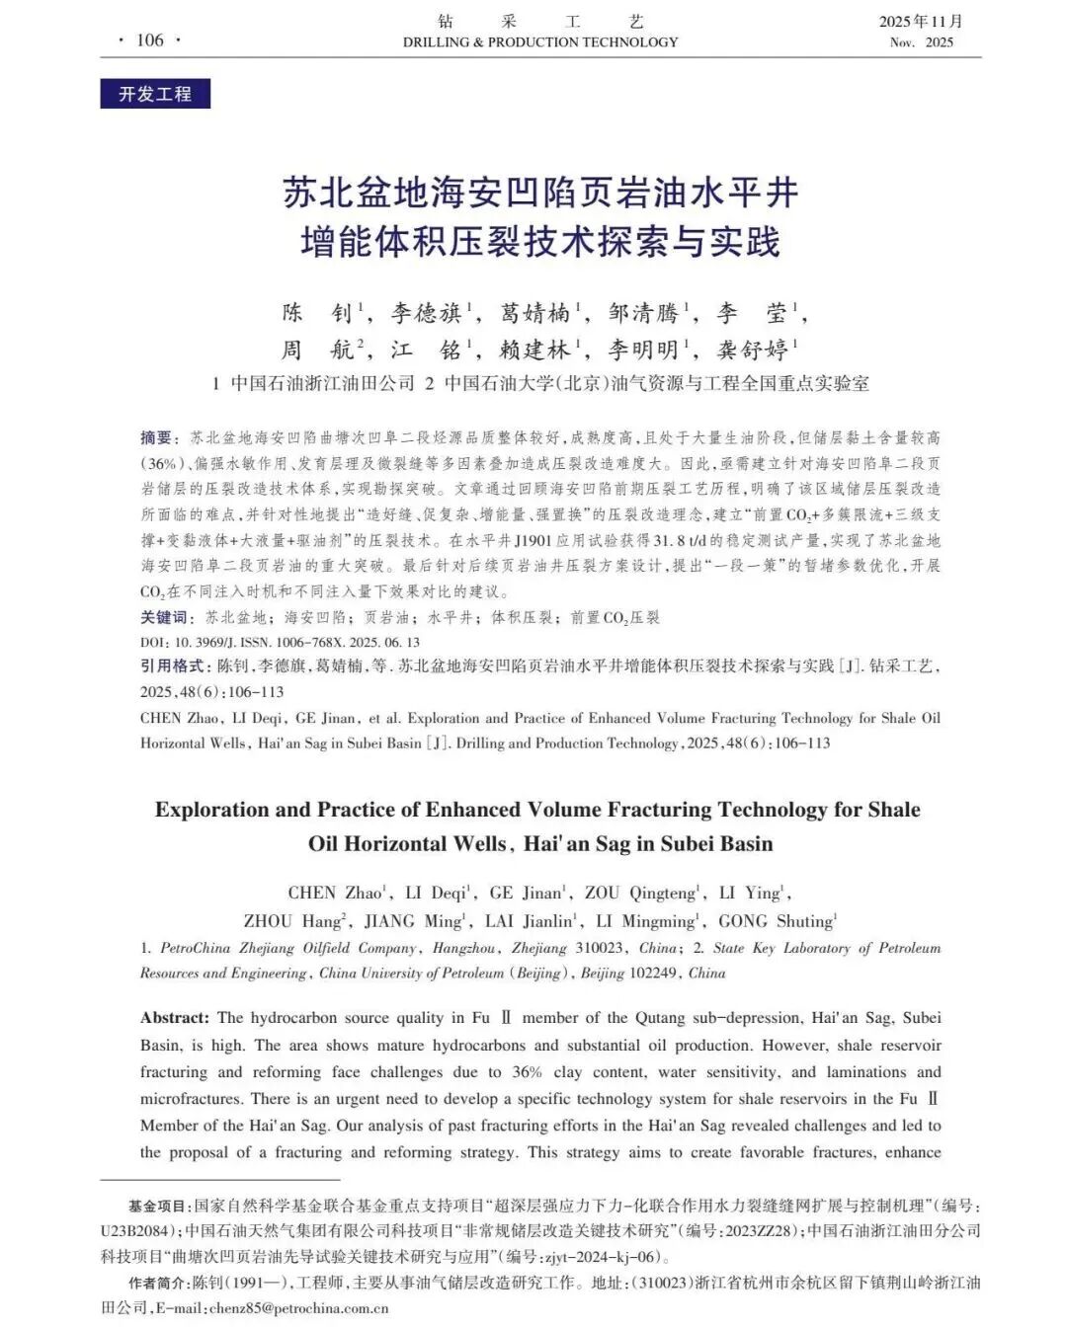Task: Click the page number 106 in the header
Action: click(150, 39)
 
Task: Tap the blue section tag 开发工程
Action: click(155, 94)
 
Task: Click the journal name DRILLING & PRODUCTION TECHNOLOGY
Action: click(540, 42)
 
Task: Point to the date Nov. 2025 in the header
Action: click(921, 42)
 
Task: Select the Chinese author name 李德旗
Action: click(426, 313)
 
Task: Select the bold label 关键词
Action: click(164, 617)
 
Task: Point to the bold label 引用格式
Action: click(172, 666)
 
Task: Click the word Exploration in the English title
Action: click(211, 810)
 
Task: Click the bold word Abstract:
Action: click(175, 1018)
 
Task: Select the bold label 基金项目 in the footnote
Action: click(157, 1206)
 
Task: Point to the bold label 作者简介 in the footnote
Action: click(157, 1283)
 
